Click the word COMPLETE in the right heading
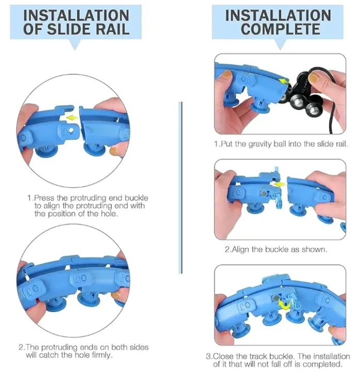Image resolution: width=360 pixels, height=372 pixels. pos(280,29)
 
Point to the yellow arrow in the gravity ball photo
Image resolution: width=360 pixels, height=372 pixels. pos(284,82)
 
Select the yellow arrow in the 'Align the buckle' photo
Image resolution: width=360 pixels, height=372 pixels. pos(279,184)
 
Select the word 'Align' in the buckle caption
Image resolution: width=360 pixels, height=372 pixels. pos(241,250)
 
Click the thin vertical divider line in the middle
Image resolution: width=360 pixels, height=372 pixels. pos(181,188)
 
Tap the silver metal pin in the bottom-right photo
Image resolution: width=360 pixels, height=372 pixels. pos(275,298)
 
